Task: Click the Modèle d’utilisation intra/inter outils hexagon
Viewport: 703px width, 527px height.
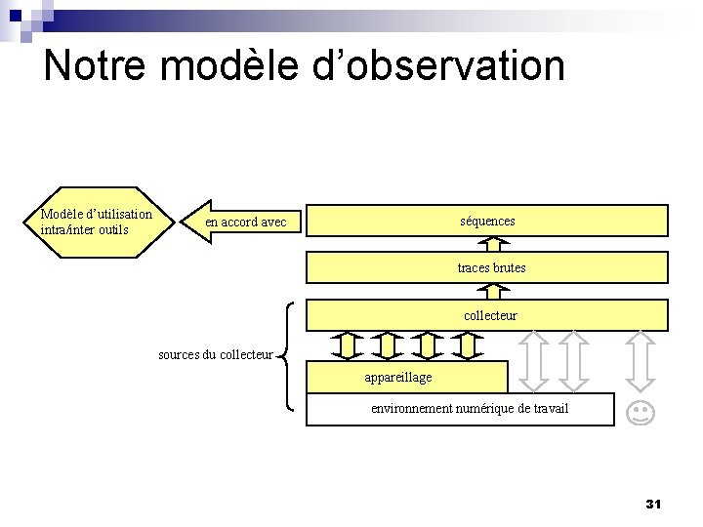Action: point(96,222)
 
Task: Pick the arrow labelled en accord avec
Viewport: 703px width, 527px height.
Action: point(244,222)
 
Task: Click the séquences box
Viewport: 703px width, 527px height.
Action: point(487,221)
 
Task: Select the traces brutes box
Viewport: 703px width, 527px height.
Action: point(487,267)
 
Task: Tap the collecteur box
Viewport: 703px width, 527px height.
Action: point(487,315)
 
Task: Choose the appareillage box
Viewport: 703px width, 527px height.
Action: point(407,377)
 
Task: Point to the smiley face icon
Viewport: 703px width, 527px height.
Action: point(640,412)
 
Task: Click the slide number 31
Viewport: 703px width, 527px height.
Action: point(654,504)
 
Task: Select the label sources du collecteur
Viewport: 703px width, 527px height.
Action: point(215,354)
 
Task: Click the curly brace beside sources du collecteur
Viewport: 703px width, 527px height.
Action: point(290,354)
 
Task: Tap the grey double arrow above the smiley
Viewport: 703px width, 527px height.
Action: point(640,360)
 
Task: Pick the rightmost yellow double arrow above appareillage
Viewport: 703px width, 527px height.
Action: point(468,346)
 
